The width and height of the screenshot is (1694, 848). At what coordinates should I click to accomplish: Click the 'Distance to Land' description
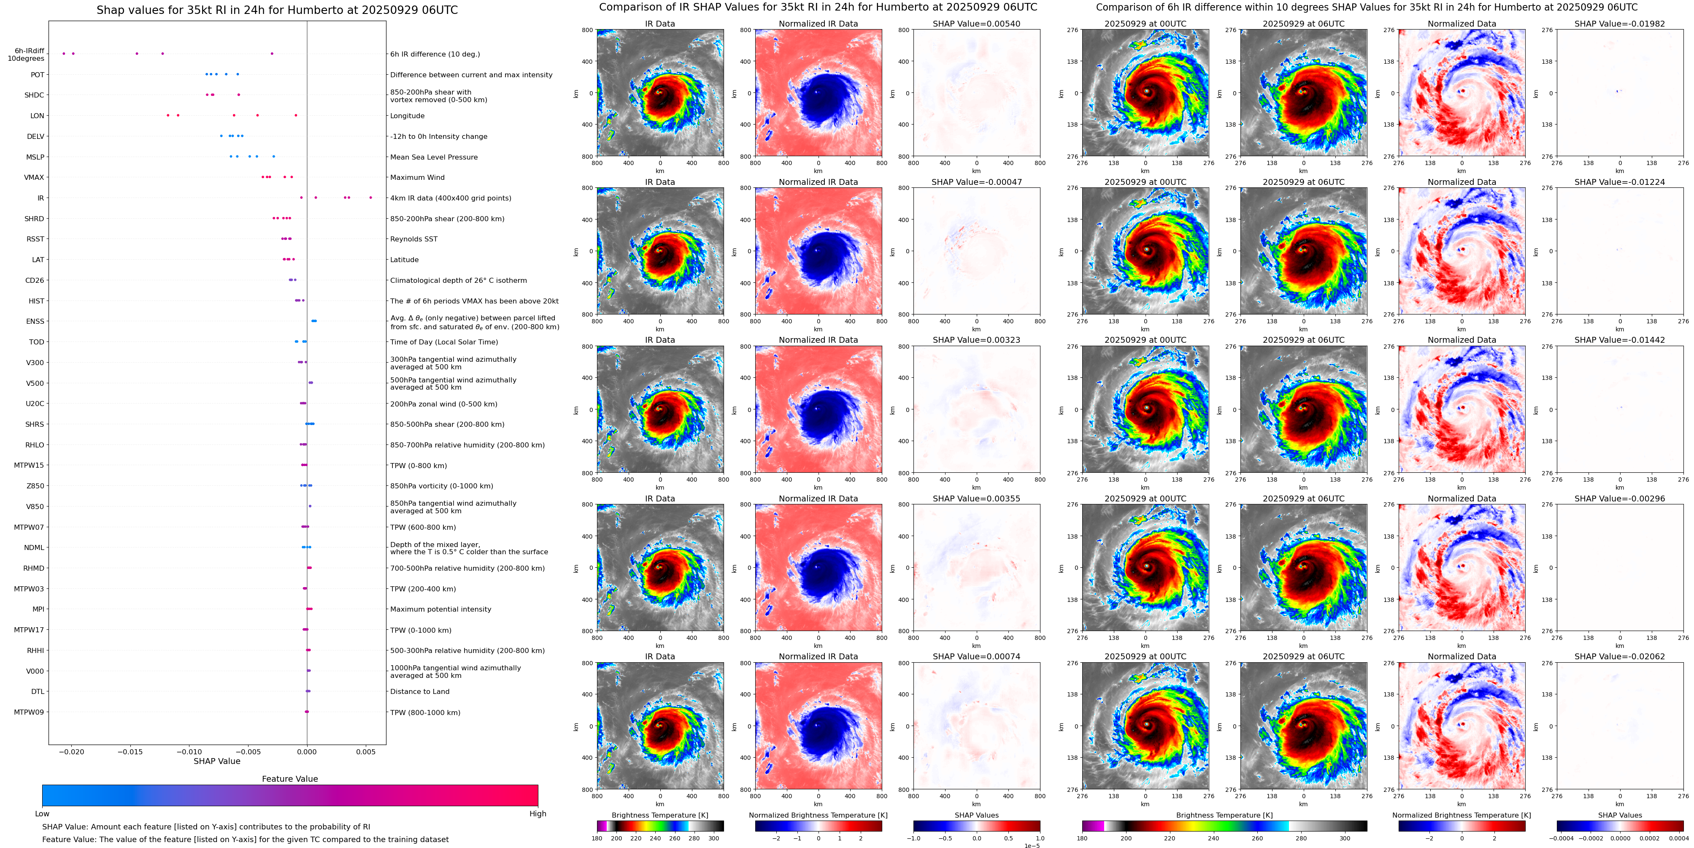419,691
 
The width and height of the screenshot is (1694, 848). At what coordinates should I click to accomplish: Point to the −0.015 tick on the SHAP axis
130,751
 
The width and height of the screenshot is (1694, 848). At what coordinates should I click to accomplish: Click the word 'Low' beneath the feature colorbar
42,814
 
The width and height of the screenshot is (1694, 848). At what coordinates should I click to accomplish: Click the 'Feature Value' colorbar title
289,779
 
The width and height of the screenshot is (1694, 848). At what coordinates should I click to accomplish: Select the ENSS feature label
35,322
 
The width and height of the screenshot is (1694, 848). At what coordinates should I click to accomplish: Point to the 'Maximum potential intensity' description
440,609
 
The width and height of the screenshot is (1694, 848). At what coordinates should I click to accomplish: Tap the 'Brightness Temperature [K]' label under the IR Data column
659,815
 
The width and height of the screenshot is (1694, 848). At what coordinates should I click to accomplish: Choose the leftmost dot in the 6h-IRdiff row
63,53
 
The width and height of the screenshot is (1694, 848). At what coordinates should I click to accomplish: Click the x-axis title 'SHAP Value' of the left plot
216,761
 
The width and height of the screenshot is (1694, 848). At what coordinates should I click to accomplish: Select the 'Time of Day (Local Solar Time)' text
444,342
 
